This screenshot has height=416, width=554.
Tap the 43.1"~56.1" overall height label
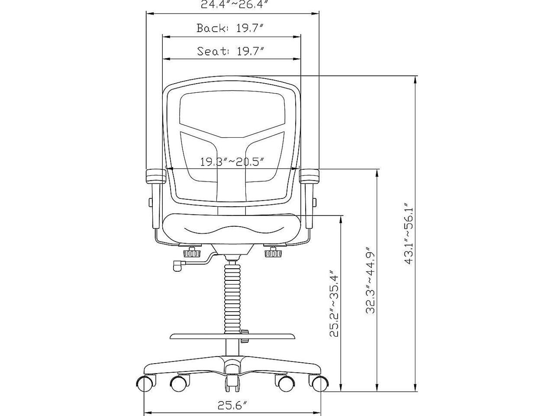tap(409, 232)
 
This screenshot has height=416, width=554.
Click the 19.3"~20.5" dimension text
tap(232, 162)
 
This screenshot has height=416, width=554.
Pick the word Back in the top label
tap(212, 29)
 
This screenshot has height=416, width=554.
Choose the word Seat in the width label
tap(213, 51)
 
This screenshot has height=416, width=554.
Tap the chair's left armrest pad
tap(155, 176)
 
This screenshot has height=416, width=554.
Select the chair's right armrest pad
tap(310, 176)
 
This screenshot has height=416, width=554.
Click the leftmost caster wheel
tap(146, 383)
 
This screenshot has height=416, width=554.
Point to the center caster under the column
tap(232, 381)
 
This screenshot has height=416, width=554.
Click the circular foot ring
tap(232, 337)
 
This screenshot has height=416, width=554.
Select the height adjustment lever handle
tap(177, 265)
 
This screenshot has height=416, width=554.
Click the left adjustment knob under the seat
tap(192, 252)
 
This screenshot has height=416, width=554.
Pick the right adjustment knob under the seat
tap(272, 252)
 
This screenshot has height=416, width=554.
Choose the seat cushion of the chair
tap(232, 227)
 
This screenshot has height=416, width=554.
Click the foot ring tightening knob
tap(245, 332)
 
